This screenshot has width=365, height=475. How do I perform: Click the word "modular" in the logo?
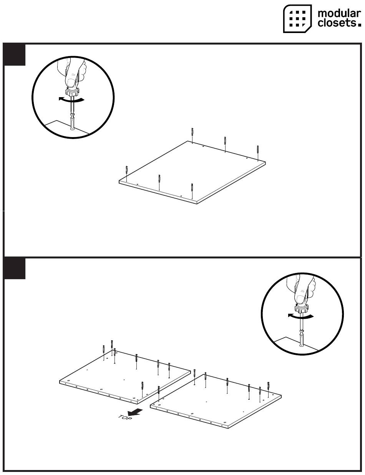click(x=339, y=13)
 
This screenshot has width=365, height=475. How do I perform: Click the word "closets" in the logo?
click(x=337, y=23)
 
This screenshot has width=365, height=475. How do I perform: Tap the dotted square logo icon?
click(x=297, y=18)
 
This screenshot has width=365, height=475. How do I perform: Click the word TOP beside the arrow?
click(x=125, y=418)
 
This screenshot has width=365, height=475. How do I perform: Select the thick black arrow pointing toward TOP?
click(x=135, y=412)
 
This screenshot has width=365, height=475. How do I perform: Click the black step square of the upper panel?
click(x=14, y=55)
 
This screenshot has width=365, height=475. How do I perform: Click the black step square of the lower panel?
click(x=14, y=268)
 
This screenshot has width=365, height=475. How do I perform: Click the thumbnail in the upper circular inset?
click(x=71, y=83)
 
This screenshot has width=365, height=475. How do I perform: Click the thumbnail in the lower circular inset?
click(x=301, y=298)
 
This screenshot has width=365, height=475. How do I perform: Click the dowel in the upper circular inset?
click(x=72, y=124)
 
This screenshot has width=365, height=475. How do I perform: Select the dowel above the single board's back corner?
click(x=192, y=132)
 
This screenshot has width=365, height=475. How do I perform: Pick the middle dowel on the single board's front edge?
click(x=159, y=179)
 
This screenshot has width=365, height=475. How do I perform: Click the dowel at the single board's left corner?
click(x=127, y=170)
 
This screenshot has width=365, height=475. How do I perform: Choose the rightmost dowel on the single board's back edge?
click(x=258, y=149)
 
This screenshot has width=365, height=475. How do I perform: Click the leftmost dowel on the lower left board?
click(x=104, y=349)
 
